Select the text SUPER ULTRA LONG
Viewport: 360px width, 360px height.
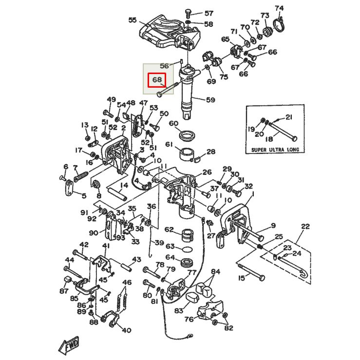pos(275,150)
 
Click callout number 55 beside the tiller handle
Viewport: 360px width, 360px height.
pos(133,20)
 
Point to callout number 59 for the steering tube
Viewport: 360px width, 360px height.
pos(210,100)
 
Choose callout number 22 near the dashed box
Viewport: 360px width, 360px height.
pos(305,226)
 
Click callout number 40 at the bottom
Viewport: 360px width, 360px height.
pos(127,330)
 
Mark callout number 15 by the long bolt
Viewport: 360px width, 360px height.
pos(242,278)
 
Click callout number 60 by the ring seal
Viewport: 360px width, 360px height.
pos(173,123)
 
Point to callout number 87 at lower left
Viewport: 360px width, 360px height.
pos(64,291)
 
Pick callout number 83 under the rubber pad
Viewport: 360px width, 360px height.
pos(179,310)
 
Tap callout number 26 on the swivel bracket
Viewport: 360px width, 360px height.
pos(207,172)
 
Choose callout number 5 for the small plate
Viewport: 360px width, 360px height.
pos(84,196)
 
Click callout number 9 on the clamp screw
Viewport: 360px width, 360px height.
pos(273,226)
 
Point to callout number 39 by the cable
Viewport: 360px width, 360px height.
pos(159,243)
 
